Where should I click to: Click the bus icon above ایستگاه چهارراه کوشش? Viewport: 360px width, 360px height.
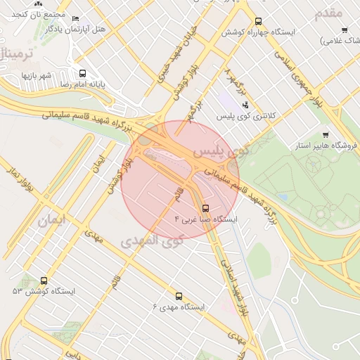click(x=258, y=22)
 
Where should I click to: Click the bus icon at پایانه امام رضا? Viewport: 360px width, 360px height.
click(x=82, y=73)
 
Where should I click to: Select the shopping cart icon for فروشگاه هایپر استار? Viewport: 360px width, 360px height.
click(x=325, y=134)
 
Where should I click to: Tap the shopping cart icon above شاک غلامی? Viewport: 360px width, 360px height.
click(x=344, y=30)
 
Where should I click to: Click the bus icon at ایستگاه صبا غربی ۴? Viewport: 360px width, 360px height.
click(x=205, y=208)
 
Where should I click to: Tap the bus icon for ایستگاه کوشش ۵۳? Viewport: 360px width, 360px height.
click(x=44, y=281)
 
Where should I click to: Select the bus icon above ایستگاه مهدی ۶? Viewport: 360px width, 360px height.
click(x=179, y=297)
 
